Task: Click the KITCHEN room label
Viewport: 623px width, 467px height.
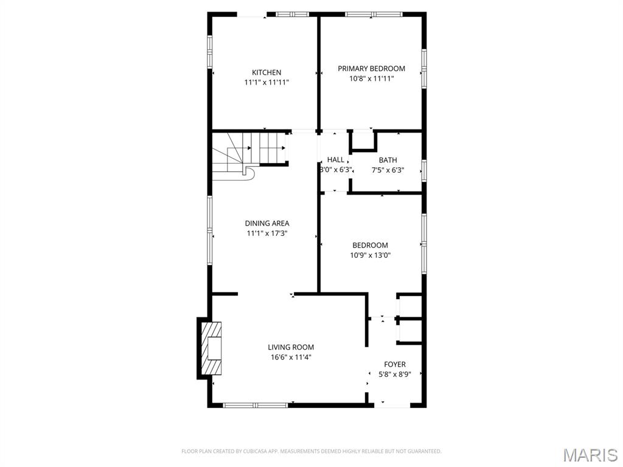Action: (266, 72)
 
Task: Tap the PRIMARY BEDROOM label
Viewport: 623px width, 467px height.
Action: (371, 69)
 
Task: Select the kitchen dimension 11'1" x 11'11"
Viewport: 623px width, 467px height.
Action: (266, 82)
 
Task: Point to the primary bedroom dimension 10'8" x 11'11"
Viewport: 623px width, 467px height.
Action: (371, 78)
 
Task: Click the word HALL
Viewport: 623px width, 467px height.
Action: (335, 160)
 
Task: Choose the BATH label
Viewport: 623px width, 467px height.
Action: (388, 161)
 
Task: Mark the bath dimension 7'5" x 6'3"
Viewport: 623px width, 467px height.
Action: (388, 170)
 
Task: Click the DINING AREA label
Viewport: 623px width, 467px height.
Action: (266, 223)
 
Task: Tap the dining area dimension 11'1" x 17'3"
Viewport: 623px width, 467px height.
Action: (266, 233)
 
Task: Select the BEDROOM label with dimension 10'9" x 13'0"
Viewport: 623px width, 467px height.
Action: (370, 246)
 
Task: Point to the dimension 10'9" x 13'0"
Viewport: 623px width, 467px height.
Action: (370, 255)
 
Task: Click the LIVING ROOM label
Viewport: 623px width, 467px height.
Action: (291, 347)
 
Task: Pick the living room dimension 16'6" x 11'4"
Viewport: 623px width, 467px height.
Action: (291, 357)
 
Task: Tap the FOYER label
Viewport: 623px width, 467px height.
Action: (394, 364)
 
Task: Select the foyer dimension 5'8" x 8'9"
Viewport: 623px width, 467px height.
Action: (394, 374)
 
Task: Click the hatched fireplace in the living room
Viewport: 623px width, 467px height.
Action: (212, 349)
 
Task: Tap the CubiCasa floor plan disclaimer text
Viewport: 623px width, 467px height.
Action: (311, 451)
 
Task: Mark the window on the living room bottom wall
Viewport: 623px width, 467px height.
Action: (255, 405)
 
